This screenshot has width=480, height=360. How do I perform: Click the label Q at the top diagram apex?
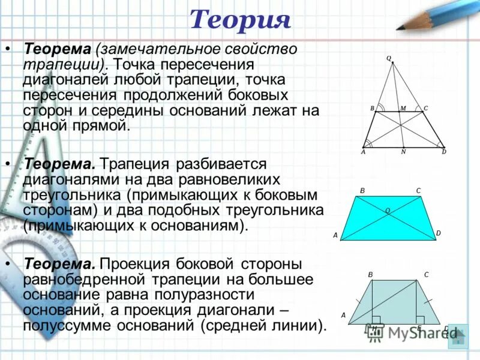click(388, 58)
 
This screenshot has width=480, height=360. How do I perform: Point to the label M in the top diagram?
click(403, 108)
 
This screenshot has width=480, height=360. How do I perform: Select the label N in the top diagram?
click(403, 152)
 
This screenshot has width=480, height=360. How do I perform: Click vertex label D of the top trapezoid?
click(444, 152)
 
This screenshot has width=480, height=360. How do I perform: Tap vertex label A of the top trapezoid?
click(363, 152)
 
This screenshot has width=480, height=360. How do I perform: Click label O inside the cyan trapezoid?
click(388, 211)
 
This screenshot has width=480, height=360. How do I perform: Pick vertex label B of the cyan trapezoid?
click(362, 191)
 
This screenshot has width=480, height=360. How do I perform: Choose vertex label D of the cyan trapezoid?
click(438, 233)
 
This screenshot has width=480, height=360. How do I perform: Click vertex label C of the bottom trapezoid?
click(426, 275)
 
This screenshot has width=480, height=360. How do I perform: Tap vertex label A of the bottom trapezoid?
click(344, 314)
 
